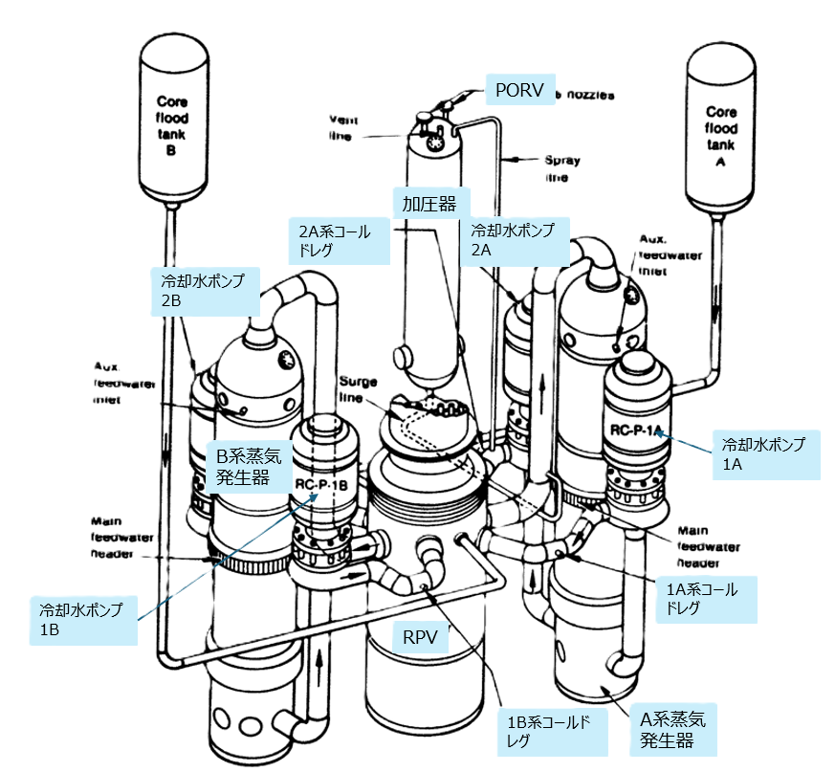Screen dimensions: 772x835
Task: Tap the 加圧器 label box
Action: click(x=423, y=204)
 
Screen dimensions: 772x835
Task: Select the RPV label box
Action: click(x=422, y=638)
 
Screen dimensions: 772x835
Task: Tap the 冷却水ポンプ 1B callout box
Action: click(x=82, y=621)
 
